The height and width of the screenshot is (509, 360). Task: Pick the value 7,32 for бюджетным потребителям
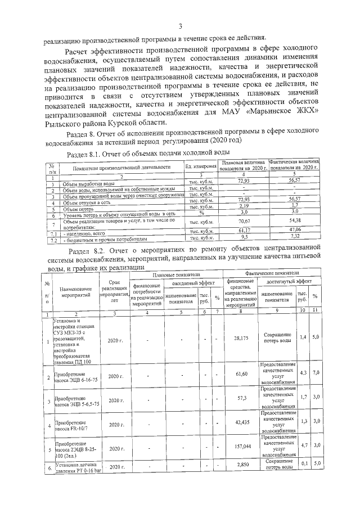tap(294, 237)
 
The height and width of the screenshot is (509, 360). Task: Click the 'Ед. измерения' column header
tap(201, 166)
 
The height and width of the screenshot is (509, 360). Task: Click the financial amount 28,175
tap(241, 339)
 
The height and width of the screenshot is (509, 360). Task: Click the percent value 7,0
tap(316, 372)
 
